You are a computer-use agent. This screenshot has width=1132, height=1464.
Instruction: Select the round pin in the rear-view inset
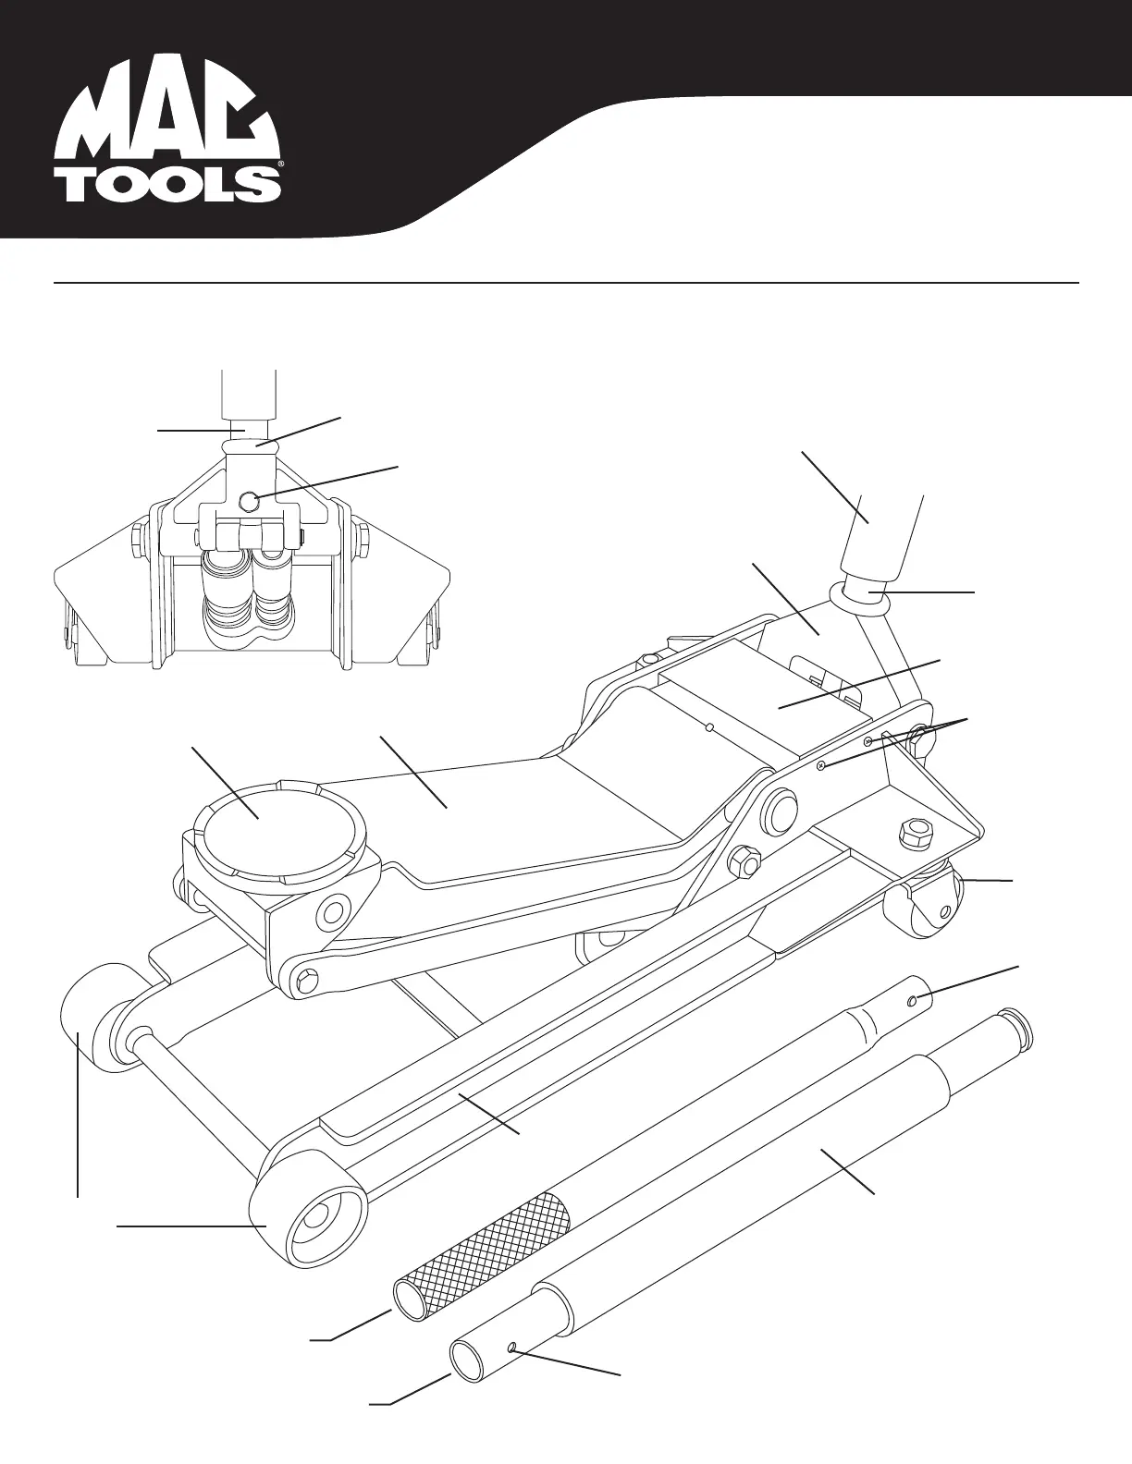click(x=249, y=501)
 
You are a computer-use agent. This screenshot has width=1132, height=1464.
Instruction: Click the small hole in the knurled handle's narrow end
click(x=913, y=999)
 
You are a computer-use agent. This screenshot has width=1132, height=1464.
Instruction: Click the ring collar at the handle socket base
click(x=864, y=596)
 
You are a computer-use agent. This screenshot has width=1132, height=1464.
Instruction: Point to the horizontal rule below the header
click(x=566, y=282)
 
